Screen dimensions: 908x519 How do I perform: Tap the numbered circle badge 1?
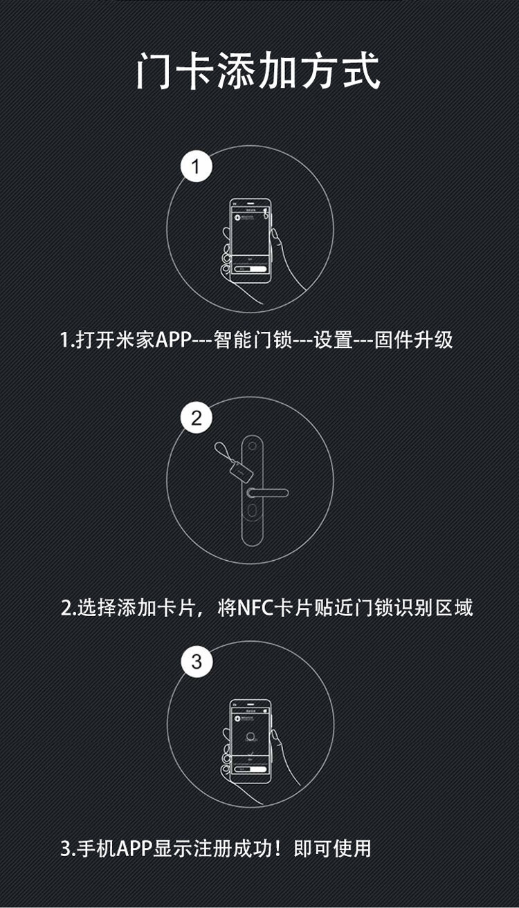197,167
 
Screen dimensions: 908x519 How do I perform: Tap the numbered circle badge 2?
197,418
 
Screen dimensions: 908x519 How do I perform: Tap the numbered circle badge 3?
197,662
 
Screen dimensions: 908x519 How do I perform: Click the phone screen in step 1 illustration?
250,235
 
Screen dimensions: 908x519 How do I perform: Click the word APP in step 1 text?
173,340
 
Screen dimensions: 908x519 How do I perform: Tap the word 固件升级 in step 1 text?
413,340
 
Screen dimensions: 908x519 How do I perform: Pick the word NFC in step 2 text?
256,608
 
